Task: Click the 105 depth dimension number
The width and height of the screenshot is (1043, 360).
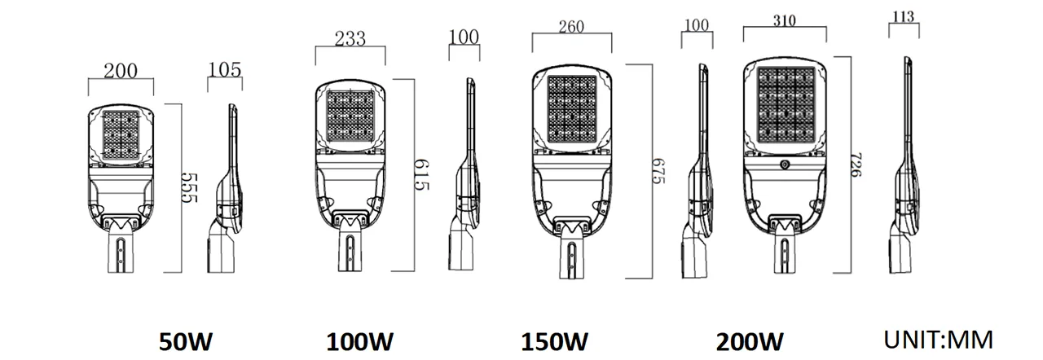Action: pyautogui.click(x=225, y=69)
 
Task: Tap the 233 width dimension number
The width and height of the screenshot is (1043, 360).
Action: pyautogui.click(x=350, y=37)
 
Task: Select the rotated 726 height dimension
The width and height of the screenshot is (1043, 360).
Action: pyautogui.click(x=855, y=167)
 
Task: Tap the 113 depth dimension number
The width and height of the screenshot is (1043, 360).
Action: pyautogui.click(x=904, y=16)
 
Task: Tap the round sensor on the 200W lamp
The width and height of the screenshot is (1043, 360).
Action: pyautogui.click(x=785, y=165)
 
